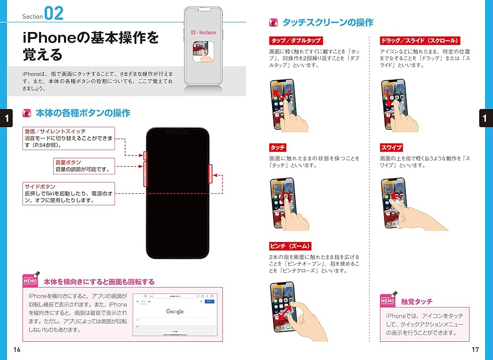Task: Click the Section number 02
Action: [54, 13]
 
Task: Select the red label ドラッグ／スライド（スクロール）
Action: [420, 40]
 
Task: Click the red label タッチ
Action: [278, 147]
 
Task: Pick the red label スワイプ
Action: [391, 147]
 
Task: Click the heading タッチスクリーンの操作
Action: [327, 22]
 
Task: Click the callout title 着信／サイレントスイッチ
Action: [55, 131]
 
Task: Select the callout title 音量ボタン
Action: [68, 162]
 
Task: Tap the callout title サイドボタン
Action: [40, 187]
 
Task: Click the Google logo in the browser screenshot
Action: [175, 312]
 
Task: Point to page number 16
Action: [17, 350]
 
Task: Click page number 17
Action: [475, 350]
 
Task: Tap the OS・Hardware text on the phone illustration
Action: [203, 33]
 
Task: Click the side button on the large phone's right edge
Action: [211, 174]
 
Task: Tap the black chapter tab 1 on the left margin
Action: [6, 118]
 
